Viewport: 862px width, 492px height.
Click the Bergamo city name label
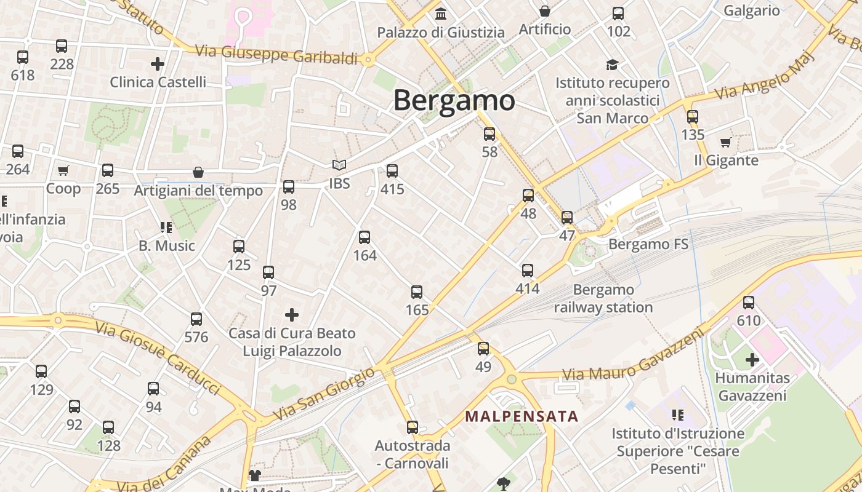tap(454, 100)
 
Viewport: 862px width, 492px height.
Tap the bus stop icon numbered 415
tap(392, 171)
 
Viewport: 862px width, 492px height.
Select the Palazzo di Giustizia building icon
tap(441, 14)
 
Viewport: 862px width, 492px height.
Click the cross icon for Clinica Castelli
tap(158, 63)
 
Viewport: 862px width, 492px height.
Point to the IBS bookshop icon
tap(339, 165)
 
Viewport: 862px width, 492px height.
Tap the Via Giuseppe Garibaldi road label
tap(276, 54)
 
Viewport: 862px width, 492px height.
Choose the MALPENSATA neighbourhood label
tap(522, 416)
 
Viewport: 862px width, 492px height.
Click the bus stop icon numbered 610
tap(749, 302)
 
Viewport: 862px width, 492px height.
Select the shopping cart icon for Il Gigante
tap(726, 142)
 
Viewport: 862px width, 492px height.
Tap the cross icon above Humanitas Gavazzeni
tap(752, 359)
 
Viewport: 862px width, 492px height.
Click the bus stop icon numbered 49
tap(483, 349)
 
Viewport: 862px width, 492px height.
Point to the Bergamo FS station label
tap(648, 244)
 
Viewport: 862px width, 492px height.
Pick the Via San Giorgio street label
tap(323, 394)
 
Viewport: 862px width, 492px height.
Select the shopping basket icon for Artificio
tap(545, 11)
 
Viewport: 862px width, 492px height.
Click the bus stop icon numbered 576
tap(196, 319)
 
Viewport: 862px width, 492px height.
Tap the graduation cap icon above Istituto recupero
tap(612, 65)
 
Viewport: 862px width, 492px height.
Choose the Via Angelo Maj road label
tap(765, 76)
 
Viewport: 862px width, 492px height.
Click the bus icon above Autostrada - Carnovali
tap(413, 427)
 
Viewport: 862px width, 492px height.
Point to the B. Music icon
tap(166, 228)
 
